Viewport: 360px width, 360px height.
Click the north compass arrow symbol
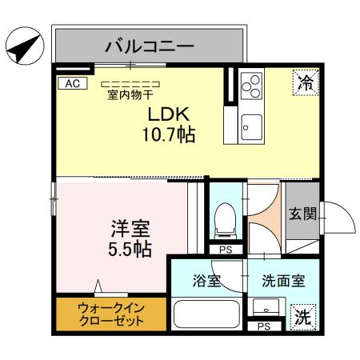pos(21,47)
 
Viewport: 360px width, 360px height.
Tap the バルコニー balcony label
pos(149,45)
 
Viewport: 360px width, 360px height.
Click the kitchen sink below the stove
pos(251,126)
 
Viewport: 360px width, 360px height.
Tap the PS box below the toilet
pos(226,250)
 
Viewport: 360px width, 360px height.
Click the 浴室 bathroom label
pos(207,281)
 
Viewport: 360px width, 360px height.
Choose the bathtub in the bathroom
pos(206,313)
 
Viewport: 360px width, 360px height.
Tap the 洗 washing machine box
pos(302,315)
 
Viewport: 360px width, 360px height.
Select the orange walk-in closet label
pos(111,313)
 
